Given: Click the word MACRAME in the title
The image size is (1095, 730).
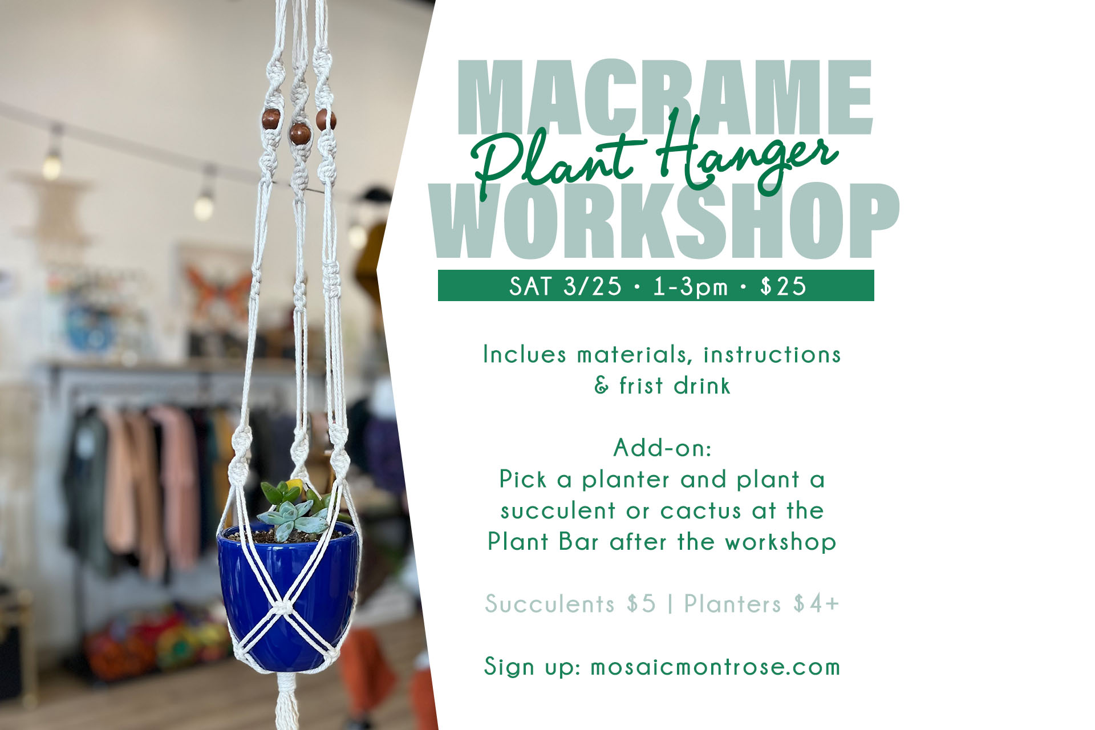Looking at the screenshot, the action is pyautogui.click(x=665, y=97).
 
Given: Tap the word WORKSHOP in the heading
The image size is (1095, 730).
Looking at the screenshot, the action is pyautogui.click(x=665, y=221).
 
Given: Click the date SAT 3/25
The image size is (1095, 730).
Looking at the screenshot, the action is pyautogui.click(x=565, y=286).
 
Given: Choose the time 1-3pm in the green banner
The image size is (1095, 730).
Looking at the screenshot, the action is pyautogui.click(x=690, y=286).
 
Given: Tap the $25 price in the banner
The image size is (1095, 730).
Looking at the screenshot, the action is pyautogui.click(x=783, y=286).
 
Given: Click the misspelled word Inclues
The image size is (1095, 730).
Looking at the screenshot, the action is pyautogui.click(x=525, y=354).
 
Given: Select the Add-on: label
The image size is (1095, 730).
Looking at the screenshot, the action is pyautogui.click(x=663, y=448).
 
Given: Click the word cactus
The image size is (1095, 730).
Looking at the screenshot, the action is pyautogui.click(x=700, y=510).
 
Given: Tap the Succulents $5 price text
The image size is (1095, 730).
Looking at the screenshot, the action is pyautogui.click(x=570, y=603).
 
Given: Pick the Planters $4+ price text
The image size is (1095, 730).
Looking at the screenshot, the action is pyautogui.click(x=762, y=603).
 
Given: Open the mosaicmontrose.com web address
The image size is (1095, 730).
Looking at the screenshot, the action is pyautogui.click(x=715, y=666).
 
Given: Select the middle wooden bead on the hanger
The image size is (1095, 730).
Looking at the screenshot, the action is pyautogui.click(x=300, y=133).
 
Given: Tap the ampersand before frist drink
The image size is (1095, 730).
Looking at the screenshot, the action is pyautogui.click(x=602, y=386).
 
